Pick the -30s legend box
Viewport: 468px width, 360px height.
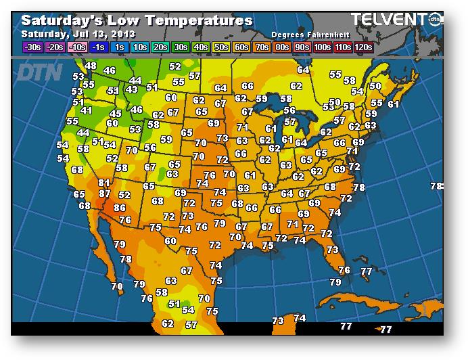(x=32, y=47)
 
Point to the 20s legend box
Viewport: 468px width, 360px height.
(x=162, y=47)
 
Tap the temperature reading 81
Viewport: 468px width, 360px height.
(x=104, y=183)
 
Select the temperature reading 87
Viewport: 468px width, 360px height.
(x=105, y=194)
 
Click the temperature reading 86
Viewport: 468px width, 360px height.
(x=120, y=208)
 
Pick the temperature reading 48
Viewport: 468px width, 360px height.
(x=90, y=66)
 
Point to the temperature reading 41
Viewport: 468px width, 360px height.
(x=86, y=110)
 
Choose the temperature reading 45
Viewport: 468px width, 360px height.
(x=116, y=114)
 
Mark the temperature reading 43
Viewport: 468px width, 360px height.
(x=131, y=89)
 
